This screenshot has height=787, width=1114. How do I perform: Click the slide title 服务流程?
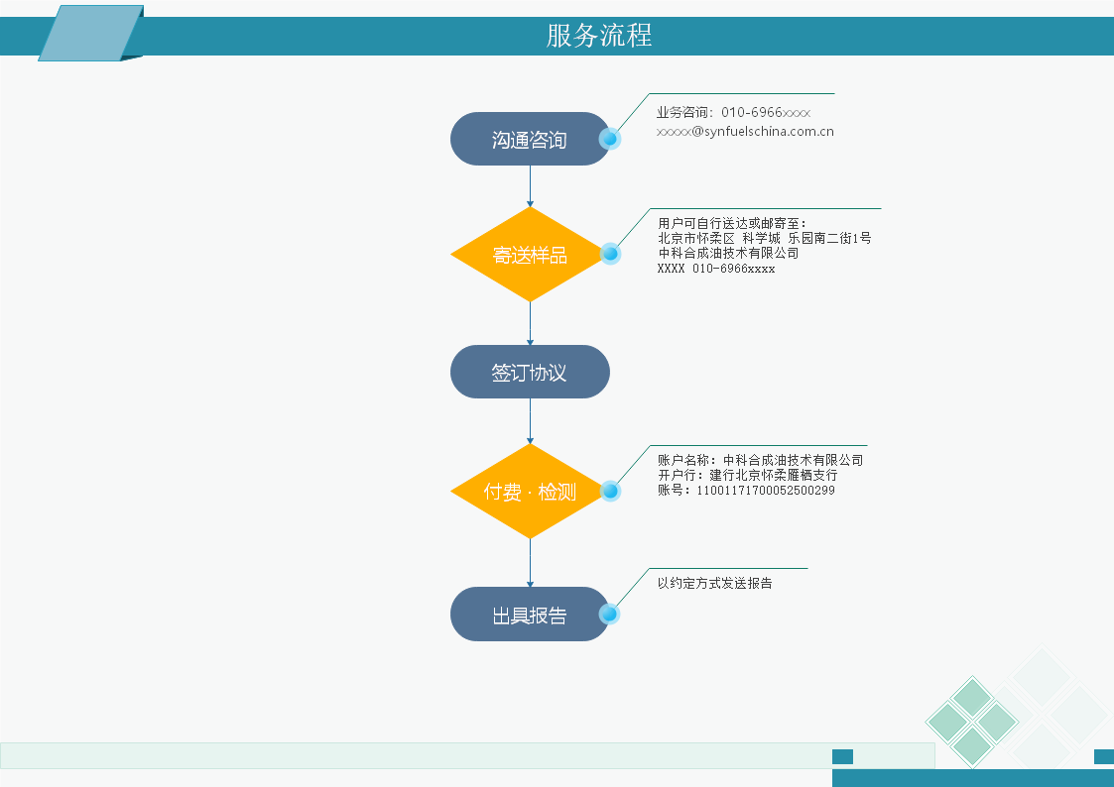point(599,36)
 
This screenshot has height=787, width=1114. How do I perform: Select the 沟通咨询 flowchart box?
point(530,139)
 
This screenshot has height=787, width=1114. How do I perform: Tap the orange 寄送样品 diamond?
point(530,254)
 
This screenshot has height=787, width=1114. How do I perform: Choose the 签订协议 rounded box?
point(530,372)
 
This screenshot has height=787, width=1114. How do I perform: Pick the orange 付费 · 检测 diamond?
point(530,491)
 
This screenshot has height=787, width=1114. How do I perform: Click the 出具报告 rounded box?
point(530,614)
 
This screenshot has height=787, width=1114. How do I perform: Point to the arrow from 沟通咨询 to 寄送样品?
point(530,186)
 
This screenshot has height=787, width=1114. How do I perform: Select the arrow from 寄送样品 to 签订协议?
point(530,323)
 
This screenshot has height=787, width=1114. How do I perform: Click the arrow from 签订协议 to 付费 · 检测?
point(530,421)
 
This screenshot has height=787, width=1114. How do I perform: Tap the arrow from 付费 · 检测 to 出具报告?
point(530,563)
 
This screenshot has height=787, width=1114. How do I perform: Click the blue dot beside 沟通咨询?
point(609,139)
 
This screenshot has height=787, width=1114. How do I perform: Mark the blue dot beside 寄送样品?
point(610,254)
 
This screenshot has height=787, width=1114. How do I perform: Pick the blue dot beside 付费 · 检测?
point(610,491)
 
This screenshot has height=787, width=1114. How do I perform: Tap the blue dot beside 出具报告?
point(609,614)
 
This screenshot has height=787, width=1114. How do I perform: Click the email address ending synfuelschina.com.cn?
point(745,131)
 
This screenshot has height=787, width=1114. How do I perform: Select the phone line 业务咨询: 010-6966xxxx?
point(733,112)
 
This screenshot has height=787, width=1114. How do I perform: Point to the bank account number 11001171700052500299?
point(765,491)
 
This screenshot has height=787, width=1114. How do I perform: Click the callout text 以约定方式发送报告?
point(714,584)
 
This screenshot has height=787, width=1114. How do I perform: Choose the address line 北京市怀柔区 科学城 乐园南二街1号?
point(765,239)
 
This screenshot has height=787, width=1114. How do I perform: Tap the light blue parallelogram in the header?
point(91,33)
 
